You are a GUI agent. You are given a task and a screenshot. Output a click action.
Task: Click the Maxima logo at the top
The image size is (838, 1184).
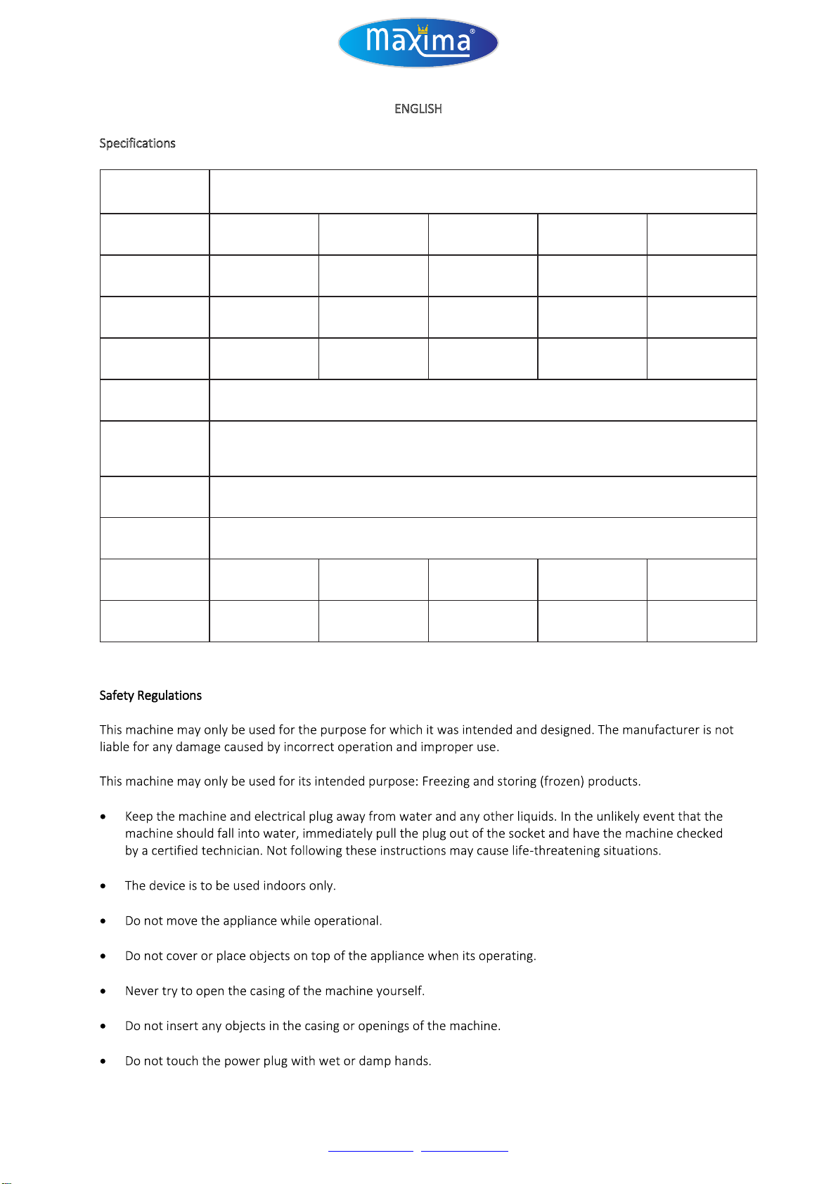tap(418, 42)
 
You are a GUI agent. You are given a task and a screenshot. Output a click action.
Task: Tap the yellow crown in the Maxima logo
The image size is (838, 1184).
tap(423, 30)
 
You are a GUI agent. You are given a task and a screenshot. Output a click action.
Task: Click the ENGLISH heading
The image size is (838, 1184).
tap(418, 109)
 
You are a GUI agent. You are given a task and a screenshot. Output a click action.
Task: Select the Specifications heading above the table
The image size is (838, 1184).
tap(137, 143)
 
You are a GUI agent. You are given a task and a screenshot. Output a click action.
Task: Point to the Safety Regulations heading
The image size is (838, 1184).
tap(150, 696)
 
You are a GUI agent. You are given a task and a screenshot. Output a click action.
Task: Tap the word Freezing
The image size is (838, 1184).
tap(446, 781)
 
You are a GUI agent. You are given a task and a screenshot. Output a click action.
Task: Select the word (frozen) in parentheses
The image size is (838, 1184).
tap(562, 781)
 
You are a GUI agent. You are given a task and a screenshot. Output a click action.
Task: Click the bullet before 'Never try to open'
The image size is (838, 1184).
tap(103, 991)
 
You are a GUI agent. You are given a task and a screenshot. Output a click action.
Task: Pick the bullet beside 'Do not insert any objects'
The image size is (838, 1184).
tap(103, 1027)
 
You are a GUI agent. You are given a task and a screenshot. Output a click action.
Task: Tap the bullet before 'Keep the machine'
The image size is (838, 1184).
tap(103, 817)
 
